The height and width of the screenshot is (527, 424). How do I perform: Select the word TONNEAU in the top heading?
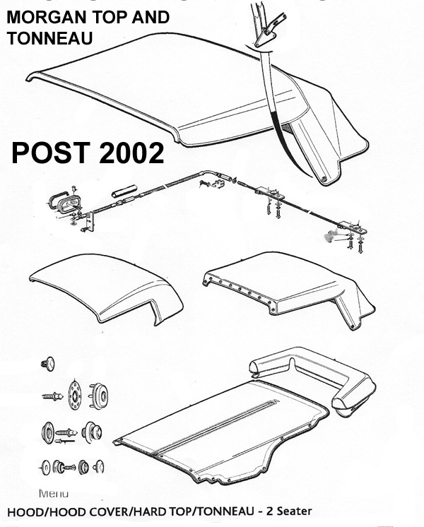click(x=49, y=39)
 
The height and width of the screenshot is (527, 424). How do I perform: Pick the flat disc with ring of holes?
click(x=73, y=394)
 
